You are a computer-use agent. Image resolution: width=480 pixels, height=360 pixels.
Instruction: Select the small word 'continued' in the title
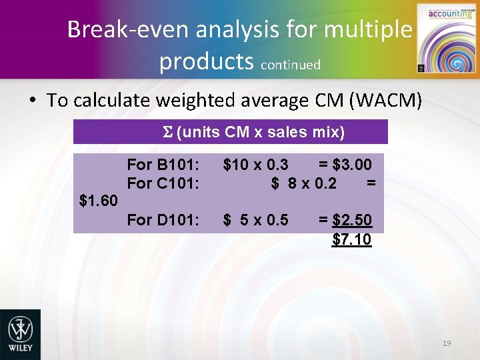(x=291, y=65)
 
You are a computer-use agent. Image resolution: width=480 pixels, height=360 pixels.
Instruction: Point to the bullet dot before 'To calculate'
(x=31, y=101)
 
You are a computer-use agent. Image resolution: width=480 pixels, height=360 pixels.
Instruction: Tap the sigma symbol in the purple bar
(x=168, y=132)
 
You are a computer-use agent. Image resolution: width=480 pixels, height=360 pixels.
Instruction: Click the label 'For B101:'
(x=163, y=164)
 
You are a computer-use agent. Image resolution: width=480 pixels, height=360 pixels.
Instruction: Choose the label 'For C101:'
(x=163, y=183)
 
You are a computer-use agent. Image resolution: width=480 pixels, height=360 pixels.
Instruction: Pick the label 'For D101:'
(x=163, y=219)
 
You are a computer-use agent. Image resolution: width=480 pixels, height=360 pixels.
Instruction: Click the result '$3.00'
(x=353, y=164)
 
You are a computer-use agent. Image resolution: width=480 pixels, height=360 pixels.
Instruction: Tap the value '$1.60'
(x=99, y=201)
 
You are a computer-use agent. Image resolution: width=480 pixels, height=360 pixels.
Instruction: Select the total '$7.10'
(x=351, y=239)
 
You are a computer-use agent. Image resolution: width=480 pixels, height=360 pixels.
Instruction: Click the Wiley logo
(x=20, y=334)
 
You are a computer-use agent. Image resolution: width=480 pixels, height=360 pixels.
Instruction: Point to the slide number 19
(x=447, y=343)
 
